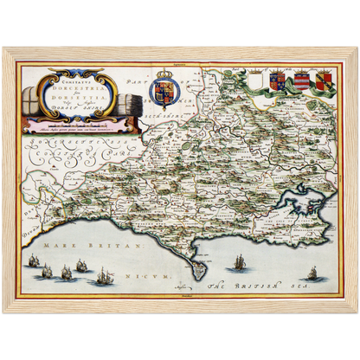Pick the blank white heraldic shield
pyautogui.click(x=255, y=81)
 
